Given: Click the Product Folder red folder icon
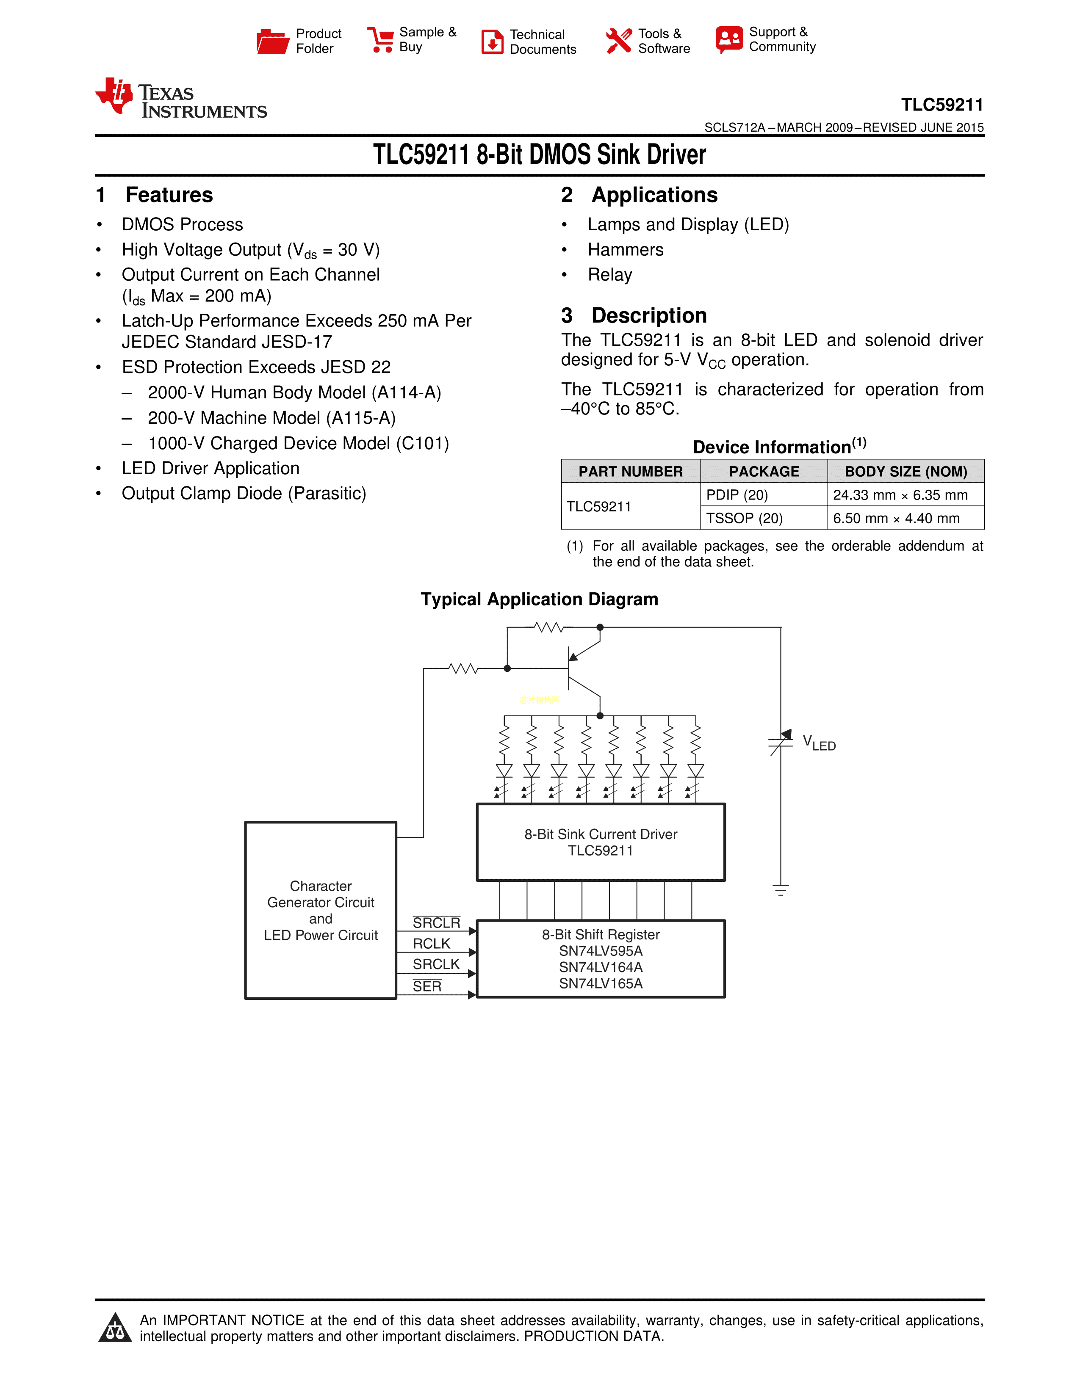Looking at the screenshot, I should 273,41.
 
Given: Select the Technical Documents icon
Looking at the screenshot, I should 492,41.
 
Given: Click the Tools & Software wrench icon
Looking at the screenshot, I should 618,40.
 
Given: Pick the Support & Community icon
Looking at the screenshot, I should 729,40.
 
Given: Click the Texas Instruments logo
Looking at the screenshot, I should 181,99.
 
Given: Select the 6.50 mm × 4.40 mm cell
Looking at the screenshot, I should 896,518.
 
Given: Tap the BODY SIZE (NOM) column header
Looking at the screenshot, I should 906,472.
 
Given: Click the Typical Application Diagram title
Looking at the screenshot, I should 539,599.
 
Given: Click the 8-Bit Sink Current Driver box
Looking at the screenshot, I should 601,842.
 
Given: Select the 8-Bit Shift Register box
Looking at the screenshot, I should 601,958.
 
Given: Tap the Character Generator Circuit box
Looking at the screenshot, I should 321,910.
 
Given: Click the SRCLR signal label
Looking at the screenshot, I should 436,922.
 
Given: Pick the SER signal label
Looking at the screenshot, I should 427,986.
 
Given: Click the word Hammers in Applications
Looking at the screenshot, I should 625,249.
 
